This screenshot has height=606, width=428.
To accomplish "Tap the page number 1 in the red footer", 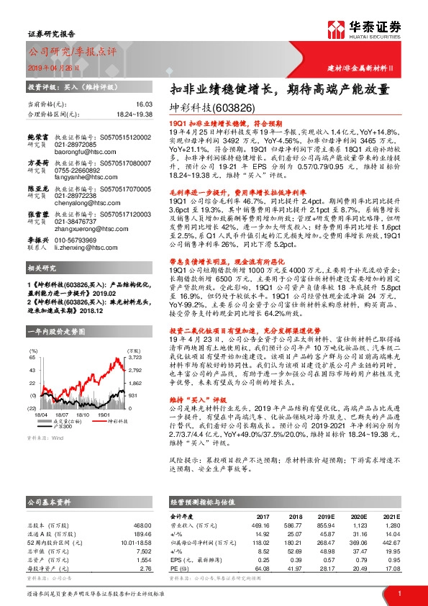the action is click(x=399, y=592).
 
